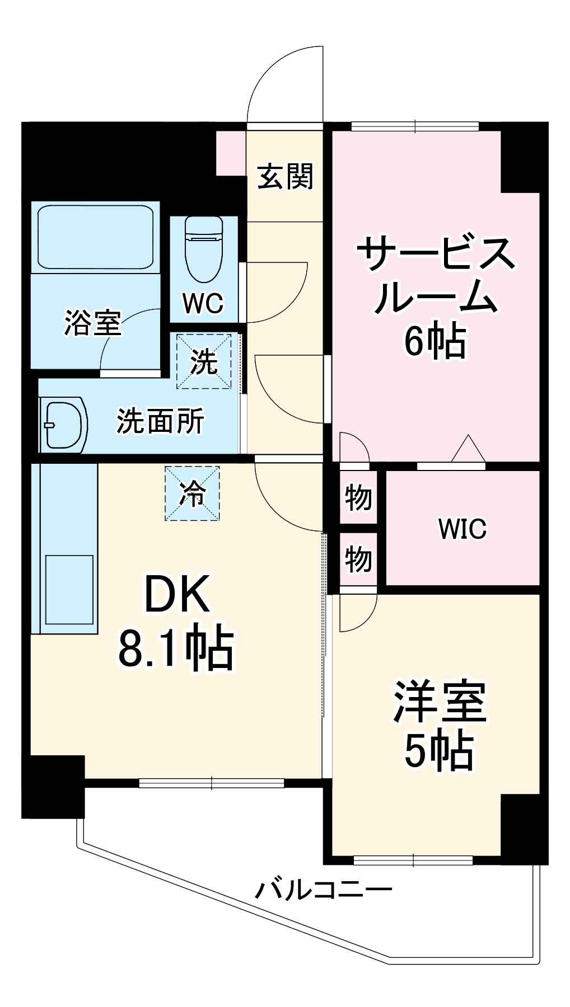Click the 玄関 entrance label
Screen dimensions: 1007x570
click(286, 176)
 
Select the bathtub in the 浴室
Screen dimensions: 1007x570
click(95, 237)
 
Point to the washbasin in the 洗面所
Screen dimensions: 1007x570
click(63, 425)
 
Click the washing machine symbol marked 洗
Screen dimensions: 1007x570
click(204, 361)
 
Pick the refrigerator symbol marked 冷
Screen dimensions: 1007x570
click(192, 493)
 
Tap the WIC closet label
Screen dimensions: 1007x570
click(462, 529)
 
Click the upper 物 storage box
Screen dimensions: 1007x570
click(358, 497)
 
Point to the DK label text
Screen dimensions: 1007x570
click(177, 595)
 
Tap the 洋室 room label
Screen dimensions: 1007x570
click(439, 702)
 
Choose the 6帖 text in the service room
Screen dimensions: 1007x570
click(436, 341)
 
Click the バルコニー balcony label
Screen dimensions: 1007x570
click(324, 889)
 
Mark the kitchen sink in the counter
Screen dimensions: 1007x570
click(69, 589)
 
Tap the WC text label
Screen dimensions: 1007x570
click(203, 303)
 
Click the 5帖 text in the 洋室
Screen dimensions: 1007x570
click(439, 751)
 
